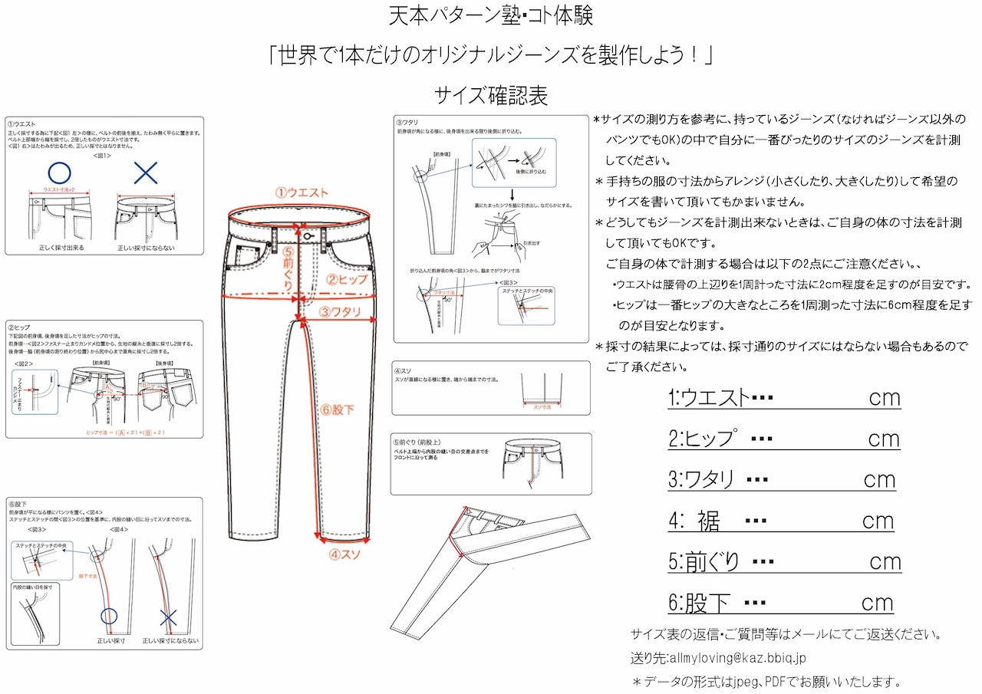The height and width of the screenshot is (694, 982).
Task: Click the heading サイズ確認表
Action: [x=491, y=95]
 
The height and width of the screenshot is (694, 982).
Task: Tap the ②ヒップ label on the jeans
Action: [x=348, y=280]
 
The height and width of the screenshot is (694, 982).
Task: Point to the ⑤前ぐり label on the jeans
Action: [x=288, y=268]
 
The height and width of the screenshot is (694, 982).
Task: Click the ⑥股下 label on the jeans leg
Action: [x=338, y=409]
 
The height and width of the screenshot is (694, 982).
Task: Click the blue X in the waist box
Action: [x=146, y=173]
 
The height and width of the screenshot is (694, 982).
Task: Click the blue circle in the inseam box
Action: [x=110, y=616]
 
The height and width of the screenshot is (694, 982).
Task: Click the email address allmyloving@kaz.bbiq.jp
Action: [x=737, y=658]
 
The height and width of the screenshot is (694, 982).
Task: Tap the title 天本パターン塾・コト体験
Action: [x=491, y=15]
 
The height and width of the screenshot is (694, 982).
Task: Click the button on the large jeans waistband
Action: [x=307, y=237]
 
